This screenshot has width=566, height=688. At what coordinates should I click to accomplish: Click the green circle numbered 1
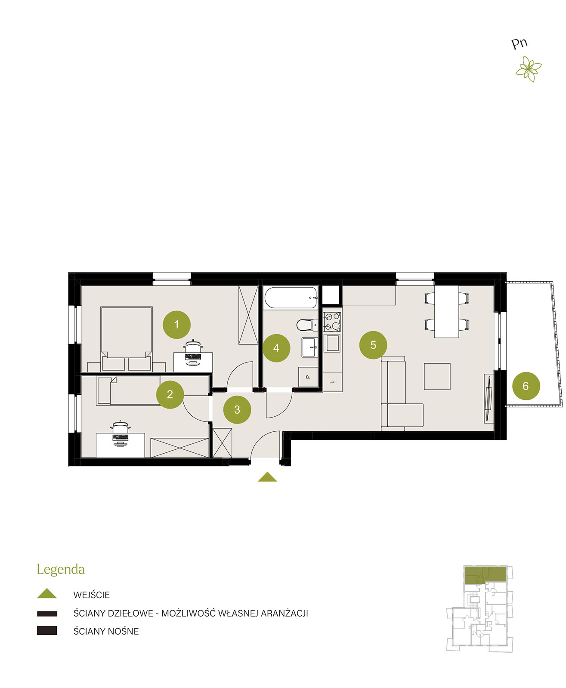(176, 325)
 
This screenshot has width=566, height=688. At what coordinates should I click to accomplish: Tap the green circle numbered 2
(170, 394)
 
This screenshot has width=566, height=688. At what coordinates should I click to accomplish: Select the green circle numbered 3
(237, 409)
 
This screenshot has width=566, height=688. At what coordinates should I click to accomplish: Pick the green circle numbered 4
(276, 348)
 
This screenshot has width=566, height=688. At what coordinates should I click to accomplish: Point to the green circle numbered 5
(373, 345)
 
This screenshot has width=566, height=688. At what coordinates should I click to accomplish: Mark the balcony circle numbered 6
(526, 386)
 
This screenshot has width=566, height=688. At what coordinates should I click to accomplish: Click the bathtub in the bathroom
(291, 298)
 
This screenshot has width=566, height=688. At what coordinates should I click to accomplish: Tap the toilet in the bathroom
(307, 325)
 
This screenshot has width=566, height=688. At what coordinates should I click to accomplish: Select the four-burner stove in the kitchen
(332, 322)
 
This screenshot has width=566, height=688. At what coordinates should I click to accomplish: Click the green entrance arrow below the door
(267, 476)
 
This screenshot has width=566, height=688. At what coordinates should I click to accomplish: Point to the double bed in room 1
(127, 338)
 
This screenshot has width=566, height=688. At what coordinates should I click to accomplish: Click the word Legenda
(61, 570)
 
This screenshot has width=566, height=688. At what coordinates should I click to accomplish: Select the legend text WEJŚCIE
(91, 595)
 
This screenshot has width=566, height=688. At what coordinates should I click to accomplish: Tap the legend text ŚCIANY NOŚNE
(106, 631)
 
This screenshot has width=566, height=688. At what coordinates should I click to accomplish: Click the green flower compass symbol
(529, 69)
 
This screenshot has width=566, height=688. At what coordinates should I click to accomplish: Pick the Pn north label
(519, 44)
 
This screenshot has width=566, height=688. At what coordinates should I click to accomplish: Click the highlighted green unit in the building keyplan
(486, 575)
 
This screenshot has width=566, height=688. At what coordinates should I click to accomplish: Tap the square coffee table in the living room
(437, 376)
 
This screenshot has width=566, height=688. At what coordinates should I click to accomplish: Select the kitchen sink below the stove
(332, 343)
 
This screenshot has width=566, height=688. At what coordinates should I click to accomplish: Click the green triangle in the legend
(47, 594)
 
